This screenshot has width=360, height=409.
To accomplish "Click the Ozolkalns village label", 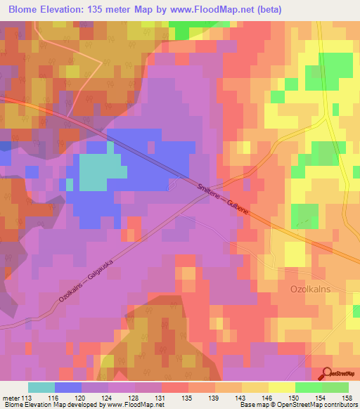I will tap(311, 289).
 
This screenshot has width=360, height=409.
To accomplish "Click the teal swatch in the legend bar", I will tap(41, 387).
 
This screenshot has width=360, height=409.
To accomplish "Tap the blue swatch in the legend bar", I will tap(68, 387).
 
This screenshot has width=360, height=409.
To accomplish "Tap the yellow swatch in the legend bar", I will tap(282, 387).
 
